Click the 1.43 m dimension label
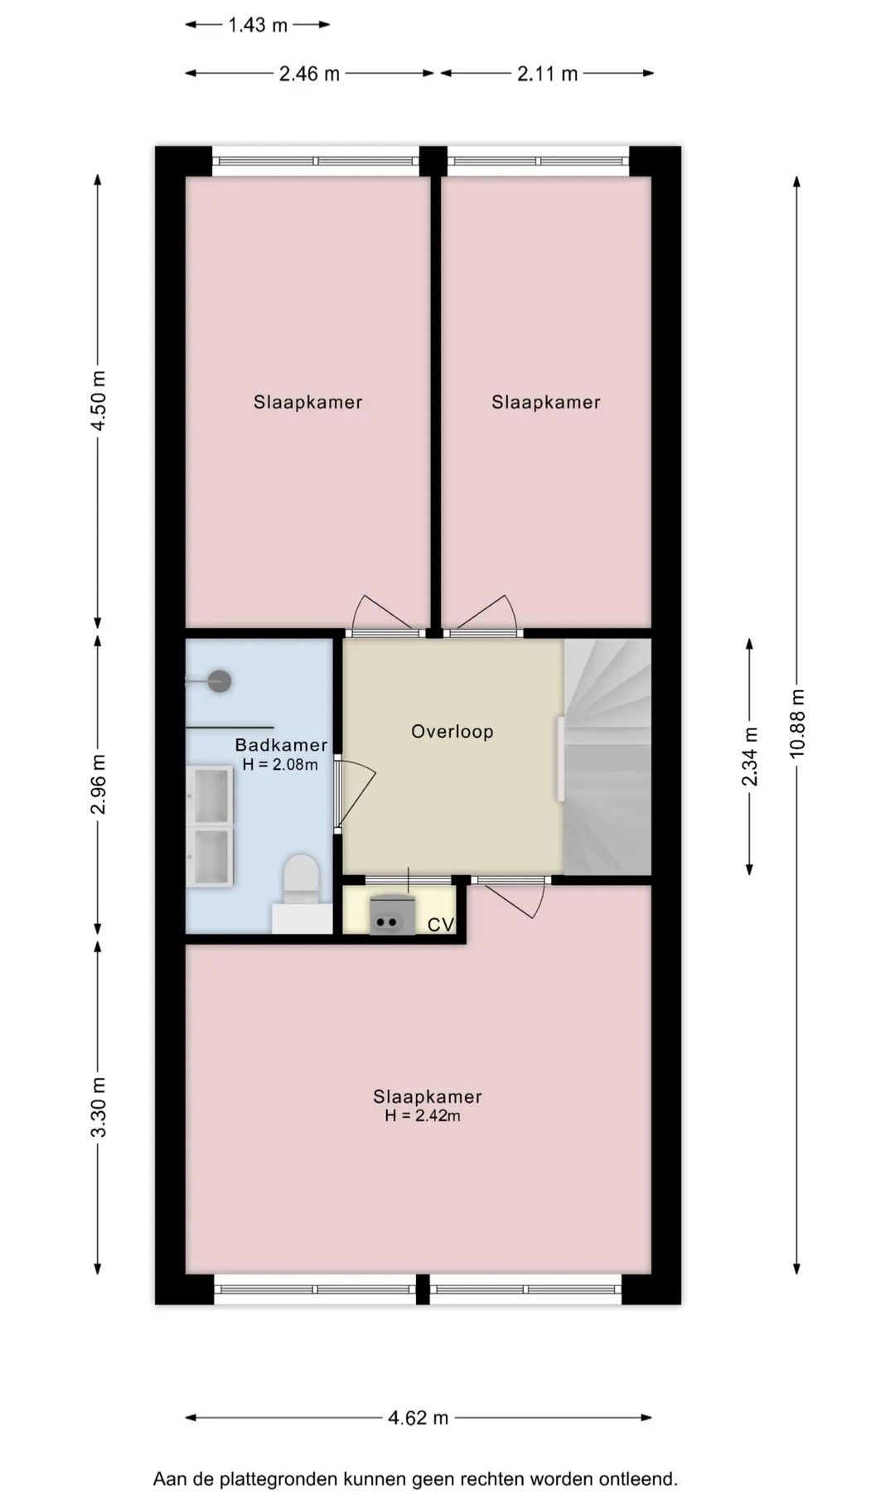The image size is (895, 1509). pyautogui.click(x=258, y=25)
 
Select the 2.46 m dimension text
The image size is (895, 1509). pyautogui.click(x=309, y=74)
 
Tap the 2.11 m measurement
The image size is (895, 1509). pyautogui.click(x=547, y=74)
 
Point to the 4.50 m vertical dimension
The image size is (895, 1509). pyautogui.click(x=99, y=400)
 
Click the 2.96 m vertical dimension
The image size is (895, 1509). pyautogui.click(x=99, y=784)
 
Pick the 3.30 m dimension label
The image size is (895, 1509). pyautogui.click(x=99, y=1108)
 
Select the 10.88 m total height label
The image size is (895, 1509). pyautogui.click(x=797, y=723)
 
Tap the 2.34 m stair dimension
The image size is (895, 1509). pyautogui.click(x=750, y=757)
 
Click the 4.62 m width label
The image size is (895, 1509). pyautogui.click(x=418, y=1418)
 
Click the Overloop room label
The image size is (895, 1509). pyautogui.click(x=452, y=732)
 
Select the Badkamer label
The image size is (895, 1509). pyautogui.click(x=281, y=745)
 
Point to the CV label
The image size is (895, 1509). pyautogui.click(x=441, y=925)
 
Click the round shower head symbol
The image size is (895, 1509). pyautogui.click(x=219, y=681)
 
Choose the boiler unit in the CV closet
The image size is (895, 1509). pyautogui.click(x=392, y=915)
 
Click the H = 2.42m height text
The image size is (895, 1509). pyautogui.click(x=423, y=1116)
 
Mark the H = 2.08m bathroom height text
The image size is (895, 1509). pyautogui.click(x=280, y=765)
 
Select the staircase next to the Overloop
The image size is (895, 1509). pyautogui.click(x=607, y=757)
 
